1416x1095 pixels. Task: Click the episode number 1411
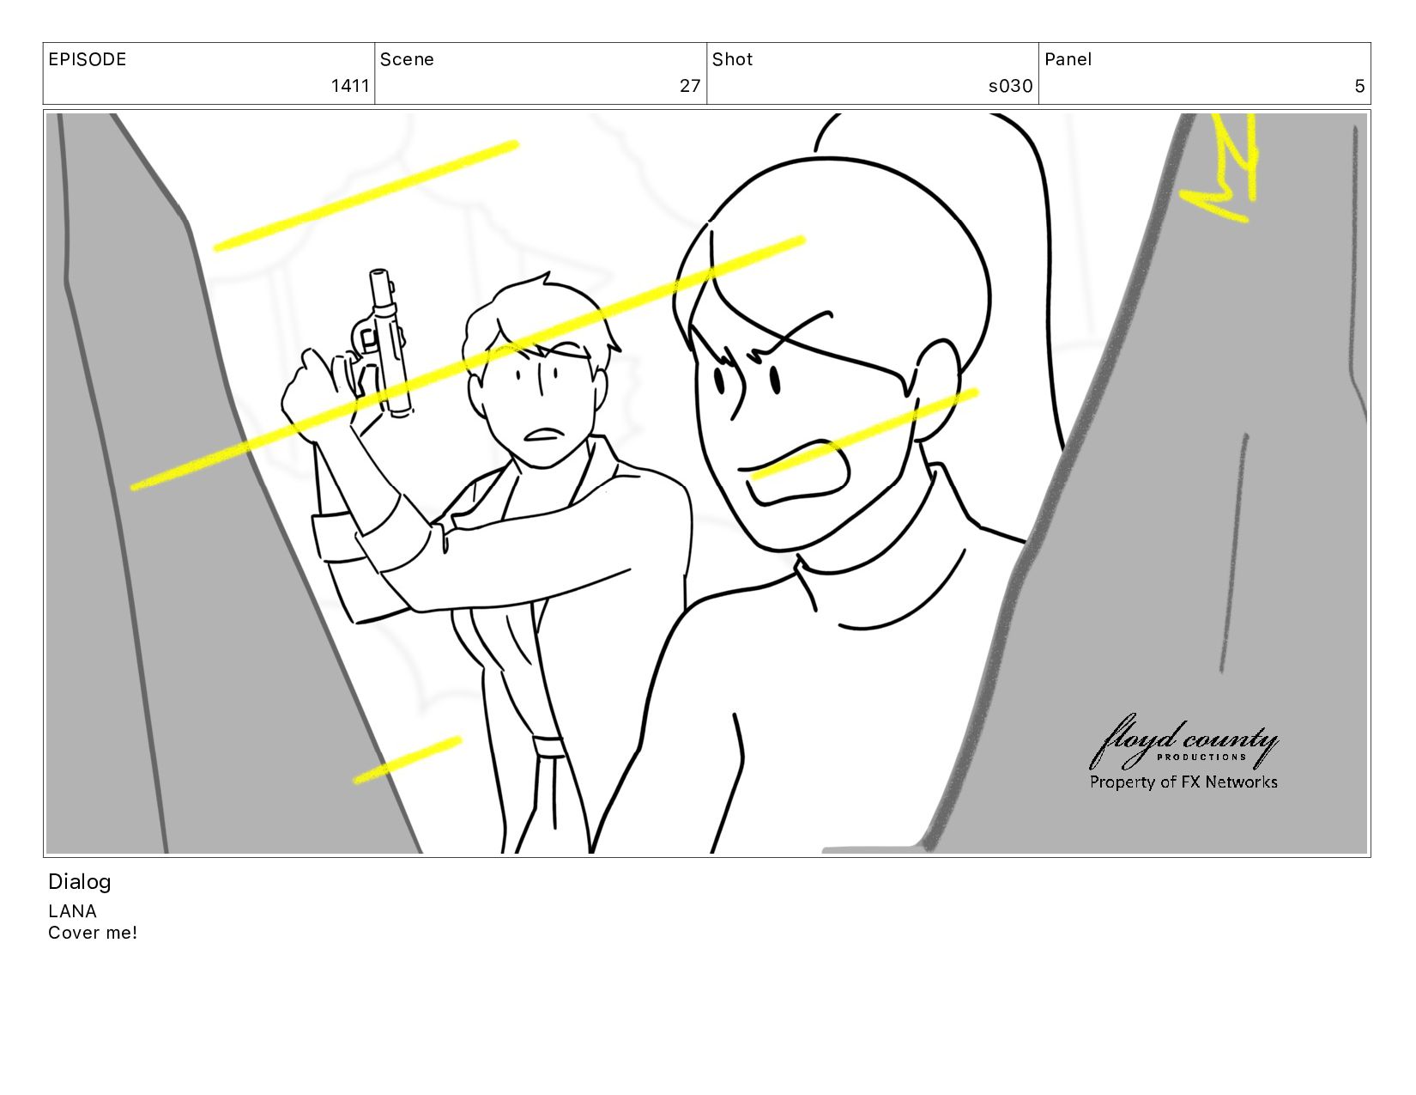[350, 86]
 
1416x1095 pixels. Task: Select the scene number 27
[690, 86]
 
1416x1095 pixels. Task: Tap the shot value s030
[1010, 86]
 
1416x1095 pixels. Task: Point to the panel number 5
[1359, 86]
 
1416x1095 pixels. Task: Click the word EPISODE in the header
[88, 59]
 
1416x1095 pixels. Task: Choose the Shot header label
[732, 59]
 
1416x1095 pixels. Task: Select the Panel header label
[1068, 59]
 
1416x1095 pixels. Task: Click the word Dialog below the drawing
[80, 882]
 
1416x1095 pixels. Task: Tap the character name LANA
[72, 911]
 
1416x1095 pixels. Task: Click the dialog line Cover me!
[93, 933]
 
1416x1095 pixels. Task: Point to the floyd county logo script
[1183, 741]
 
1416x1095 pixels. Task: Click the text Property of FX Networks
[1183, 782]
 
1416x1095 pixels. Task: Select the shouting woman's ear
[936, 390]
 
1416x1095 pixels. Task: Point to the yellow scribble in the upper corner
[1219, 168]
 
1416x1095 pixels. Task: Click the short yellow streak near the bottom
[408, 760]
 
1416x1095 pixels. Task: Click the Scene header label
[407, 59]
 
